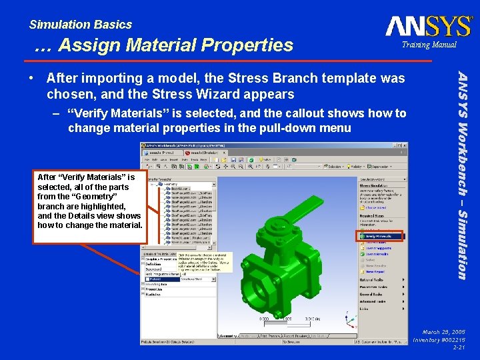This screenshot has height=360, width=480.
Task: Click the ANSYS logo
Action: coord(429,27)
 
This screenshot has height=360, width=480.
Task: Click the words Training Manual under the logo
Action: coord(429,45)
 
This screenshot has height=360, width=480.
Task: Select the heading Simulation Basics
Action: coord(80,25)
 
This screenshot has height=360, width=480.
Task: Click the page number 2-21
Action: coord(459,347)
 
